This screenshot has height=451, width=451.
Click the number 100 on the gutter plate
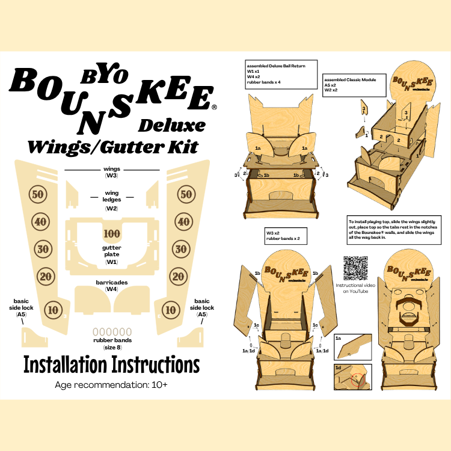tap(112, 233)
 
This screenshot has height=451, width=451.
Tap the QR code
tap(355, 268)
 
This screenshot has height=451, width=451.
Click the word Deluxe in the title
tap(171, 125)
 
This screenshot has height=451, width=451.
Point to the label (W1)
tap(112, 262)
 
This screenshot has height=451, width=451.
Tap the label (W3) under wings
tap(112, 176)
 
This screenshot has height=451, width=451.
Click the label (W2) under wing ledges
tap(112, 208)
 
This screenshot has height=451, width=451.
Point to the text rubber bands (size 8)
tap(112, 343)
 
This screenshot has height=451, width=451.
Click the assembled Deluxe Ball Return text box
tap(280, 74)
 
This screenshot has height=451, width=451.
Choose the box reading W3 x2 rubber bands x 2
tap(286, 235)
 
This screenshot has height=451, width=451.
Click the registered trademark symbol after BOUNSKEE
tap(214, 108)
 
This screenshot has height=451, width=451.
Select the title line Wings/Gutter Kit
tap(111, 146)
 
